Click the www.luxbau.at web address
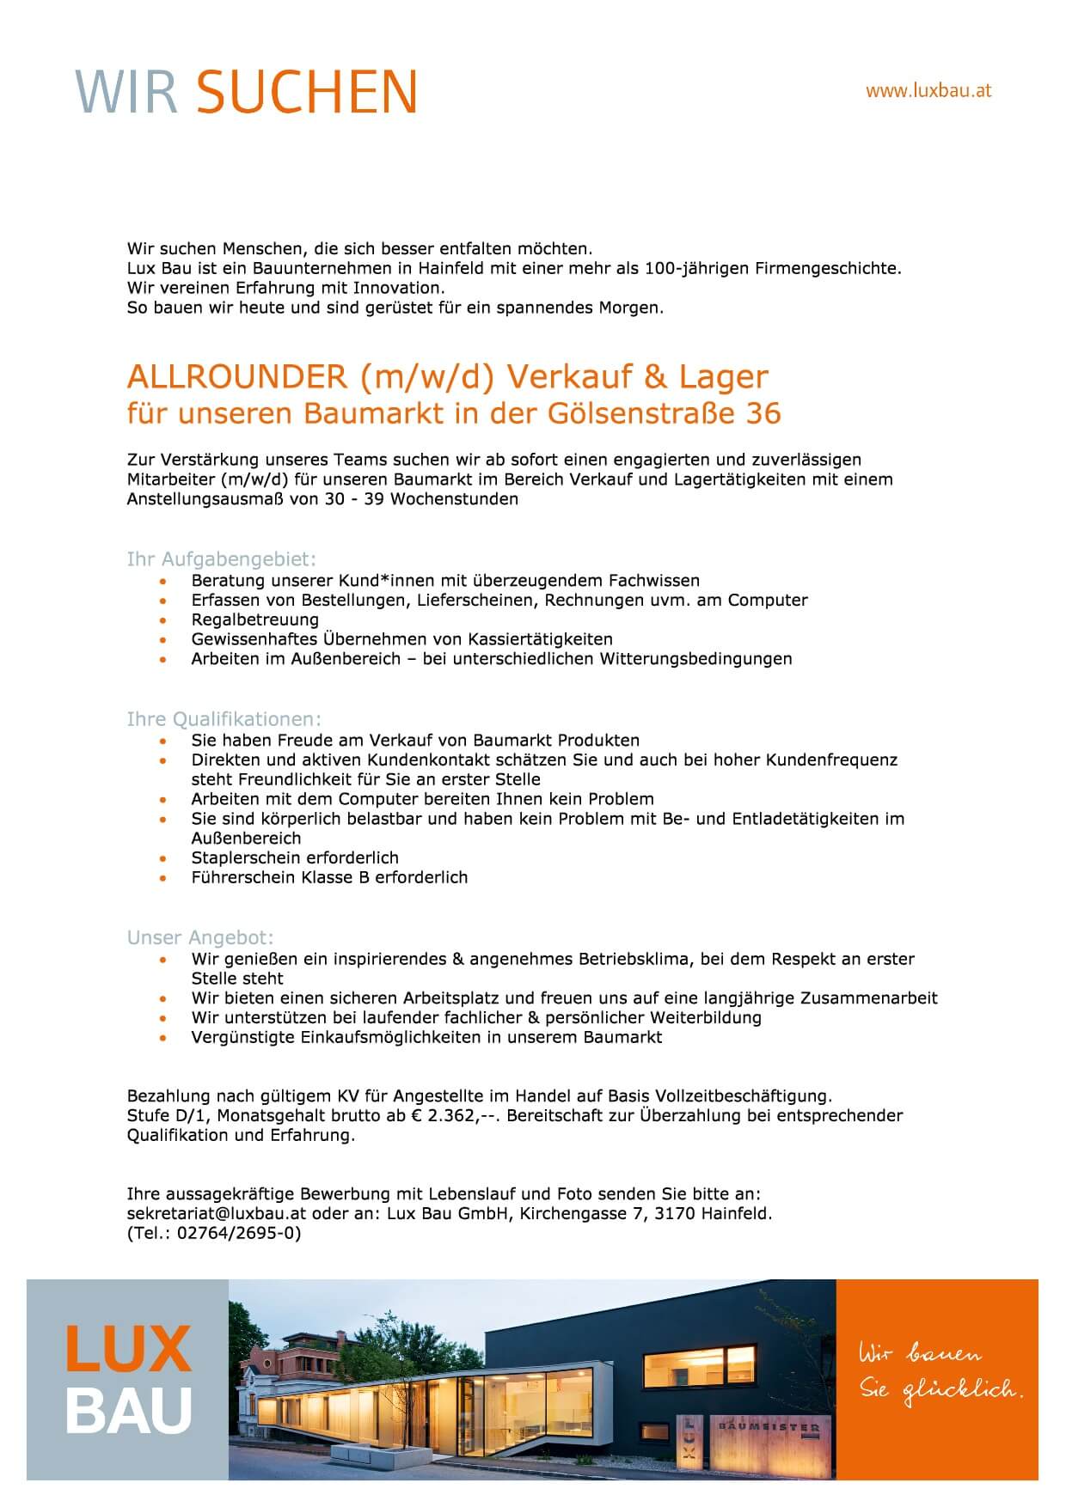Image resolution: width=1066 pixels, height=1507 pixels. click(928, 90)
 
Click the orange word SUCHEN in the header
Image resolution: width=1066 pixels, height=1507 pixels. click(307, 92)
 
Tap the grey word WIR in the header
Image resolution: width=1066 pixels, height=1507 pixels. click(127, 92)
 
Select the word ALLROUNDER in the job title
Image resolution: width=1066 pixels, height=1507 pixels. click(236, 376)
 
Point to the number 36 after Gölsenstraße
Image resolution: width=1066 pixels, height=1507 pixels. click(763, 413)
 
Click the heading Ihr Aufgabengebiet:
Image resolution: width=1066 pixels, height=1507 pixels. click(222, 559)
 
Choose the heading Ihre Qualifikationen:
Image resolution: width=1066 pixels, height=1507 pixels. click(224, 719)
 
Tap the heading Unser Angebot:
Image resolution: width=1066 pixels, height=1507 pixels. click(200, 937)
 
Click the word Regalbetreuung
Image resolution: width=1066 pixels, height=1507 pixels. click(254, 619)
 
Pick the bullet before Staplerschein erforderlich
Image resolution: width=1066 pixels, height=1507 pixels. click(163, 858)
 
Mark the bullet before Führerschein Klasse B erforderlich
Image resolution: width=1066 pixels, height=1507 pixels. click(163, 878)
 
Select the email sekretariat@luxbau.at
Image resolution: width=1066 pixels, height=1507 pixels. click(213, 1214)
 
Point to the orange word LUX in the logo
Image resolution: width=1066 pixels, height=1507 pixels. click(128, 1350)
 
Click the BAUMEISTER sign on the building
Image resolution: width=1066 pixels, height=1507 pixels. click(768, 1427)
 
